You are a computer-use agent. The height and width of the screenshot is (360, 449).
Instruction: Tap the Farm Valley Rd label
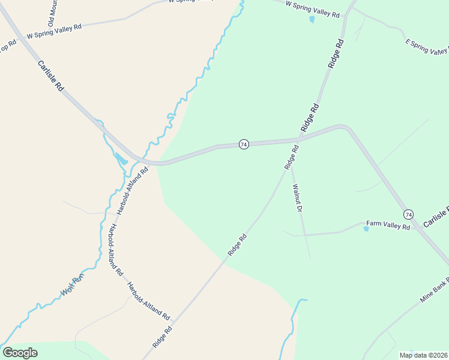388,226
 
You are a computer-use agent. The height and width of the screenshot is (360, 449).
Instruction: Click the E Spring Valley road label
427,47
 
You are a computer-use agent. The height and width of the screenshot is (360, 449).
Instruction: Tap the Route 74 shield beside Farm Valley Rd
408,214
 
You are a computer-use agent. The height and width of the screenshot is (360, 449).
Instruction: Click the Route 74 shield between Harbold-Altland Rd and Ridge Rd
244,145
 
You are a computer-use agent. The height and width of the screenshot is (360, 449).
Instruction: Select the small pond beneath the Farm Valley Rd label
366,229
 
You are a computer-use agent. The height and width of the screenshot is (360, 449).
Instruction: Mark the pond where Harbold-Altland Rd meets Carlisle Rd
121,160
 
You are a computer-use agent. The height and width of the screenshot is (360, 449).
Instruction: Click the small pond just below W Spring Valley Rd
312,19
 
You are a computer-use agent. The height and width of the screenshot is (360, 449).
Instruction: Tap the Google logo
20,352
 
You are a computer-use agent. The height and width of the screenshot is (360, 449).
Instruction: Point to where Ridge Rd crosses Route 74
300,139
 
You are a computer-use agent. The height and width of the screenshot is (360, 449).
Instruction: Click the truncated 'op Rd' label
8,47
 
